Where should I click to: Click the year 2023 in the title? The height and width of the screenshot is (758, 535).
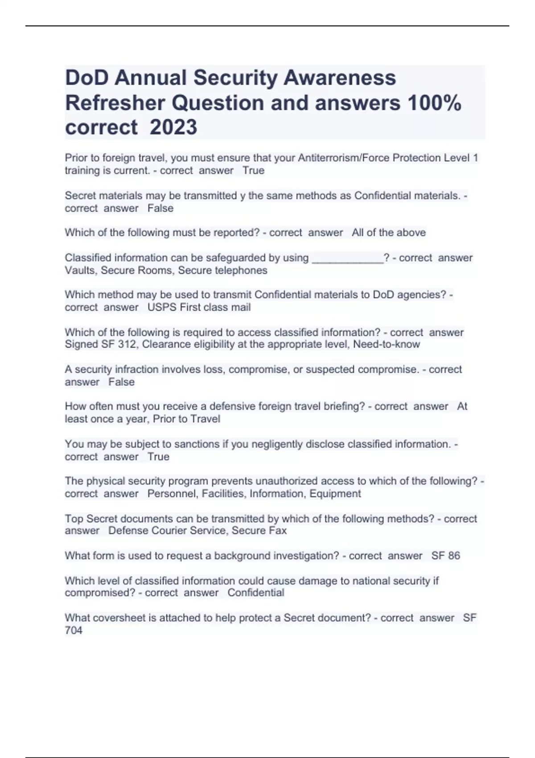coord(173,128)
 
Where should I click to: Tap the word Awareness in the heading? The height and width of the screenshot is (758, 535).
coord(340,78)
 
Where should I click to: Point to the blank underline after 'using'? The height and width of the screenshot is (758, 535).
coord(347,258)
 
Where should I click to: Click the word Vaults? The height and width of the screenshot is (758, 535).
coord(81,271)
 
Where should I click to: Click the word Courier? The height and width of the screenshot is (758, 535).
coord(169,531)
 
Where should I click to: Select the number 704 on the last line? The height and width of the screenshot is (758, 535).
coord(74,630)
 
